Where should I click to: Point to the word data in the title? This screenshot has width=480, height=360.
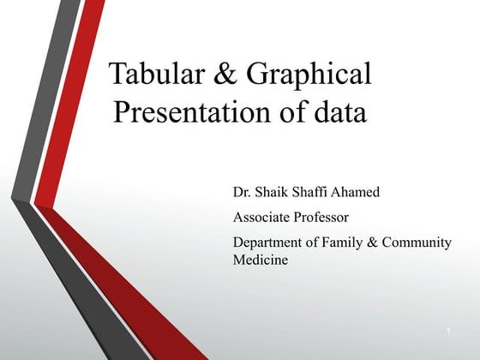[x=338, y=112]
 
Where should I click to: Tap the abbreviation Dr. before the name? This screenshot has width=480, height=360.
[x=243, y=191]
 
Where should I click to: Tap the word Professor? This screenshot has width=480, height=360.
[x=322, y=217]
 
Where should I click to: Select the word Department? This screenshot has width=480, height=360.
[x=269, y=243]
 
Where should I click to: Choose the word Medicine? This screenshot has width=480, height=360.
[x=261, y=260]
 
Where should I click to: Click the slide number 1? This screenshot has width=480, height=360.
[x=448, y=330]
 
